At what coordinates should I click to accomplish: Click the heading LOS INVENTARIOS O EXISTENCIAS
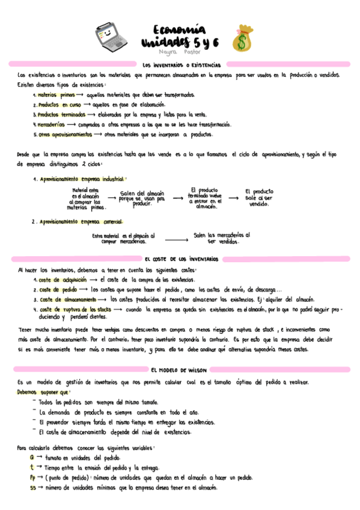(x=182, y=64)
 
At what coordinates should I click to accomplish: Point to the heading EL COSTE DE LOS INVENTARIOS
(x=182, y=258)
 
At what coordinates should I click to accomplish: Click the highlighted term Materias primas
(x=56, y=94)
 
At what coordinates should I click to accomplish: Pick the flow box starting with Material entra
(x=85, y=200)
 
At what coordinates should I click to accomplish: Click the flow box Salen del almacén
(x=142, y=198)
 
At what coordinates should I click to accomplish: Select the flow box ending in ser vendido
(x=258, y=197)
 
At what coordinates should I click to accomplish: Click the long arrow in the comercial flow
(x=171, y=239)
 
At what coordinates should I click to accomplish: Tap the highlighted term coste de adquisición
(x=62, y=280)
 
